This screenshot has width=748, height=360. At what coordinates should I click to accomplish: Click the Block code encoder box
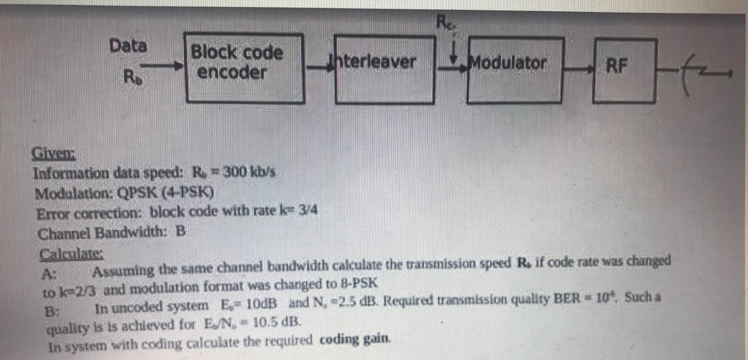point(245,68)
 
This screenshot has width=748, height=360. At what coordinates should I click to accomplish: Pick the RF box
point(624,70)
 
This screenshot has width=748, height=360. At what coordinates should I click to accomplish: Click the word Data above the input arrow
point(128,46)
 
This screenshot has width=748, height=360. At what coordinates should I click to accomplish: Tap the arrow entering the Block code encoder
point(161,67)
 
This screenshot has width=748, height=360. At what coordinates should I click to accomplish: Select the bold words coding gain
point(354,339)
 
